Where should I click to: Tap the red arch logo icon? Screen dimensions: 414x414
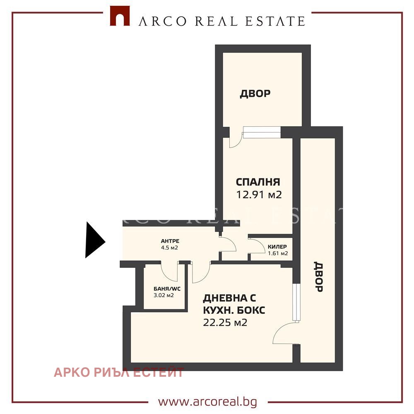120,16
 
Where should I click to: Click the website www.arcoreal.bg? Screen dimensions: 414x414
207,402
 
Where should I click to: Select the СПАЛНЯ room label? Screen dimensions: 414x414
258,182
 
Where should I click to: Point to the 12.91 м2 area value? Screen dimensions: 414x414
259,195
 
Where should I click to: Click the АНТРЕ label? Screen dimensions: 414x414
170,241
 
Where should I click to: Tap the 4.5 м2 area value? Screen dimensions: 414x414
169,248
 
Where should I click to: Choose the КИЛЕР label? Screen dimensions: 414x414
277,247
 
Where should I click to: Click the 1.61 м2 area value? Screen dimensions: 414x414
278,253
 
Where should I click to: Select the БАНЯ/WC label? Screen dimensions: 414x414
167,289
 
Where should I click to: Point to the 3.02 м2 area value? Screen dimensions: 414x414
164,295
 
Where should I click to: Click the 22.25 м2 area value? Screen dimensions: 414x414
225,323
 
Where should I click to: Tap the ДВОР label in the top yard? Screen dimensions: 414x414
255,94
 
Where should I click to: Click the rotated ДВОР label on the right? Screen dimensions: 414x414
318,277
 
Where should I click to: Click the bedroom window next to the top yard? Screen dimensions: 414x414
262,132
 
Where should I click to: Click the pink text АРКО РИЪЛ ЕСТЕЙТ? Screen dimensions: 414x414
118,372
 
